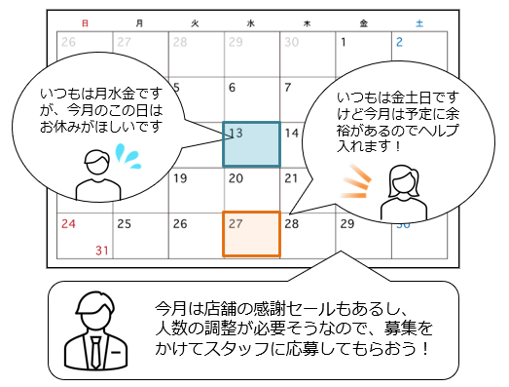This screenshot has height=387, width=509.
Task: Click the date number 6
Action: (232, 88)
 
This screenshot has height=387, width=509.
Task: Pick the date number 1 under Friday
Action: (343, 42)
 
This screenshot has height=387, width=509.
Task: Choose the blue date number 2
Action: (399, 42)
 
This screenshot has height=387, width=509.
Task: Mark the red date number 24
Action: (69, 223)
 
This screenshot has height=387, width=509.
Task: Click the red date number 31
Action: (101, 251)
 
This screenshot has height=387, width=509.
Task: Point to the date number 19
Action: (179, 178)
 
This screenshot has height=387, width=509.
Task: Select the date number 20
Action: (235, 178)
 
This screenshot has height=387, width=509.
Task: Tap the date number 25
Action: (124, 223)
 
